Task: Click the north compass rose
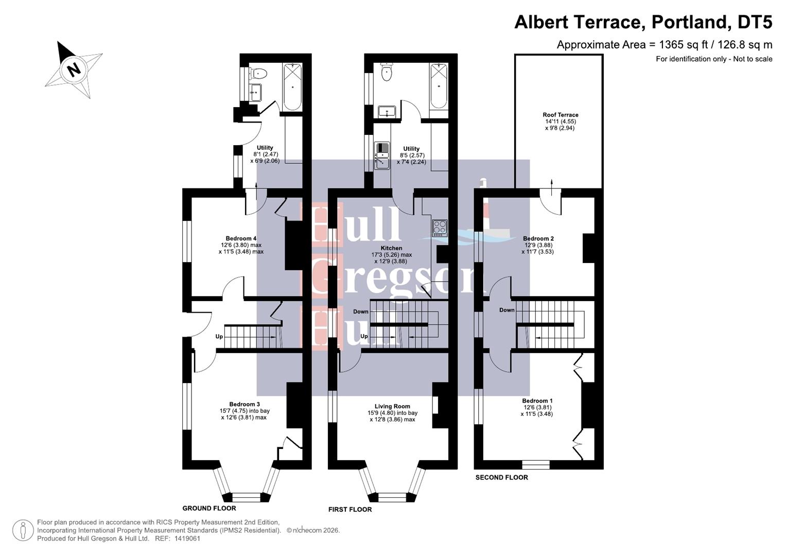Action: tap(73, 69)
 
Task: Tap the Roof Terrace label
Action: tap(560, 115)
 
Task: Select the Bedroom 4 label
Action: tap(241, 238)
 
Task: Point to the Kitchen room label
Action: tap(391, 248)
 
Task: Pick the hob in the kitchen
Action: tap(439, 228)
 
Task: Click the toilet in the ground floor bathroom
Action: tap(258, 74)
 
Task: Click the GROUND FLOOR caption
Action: tap(209, 508)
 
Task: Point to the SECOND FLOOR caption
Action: tap(501, 477)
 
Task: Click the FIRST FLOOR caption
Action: tap(350, 509)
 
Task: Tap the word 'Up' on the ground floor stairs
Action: tap(219, 337)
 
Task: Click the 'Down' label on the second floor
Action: tap(506, 310)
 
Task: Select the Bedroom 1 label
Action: tap(537, 401)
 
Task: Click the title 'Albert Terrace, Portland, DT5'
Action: tap(643, 23)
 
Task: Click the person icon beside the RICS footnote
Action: tap(23, 530)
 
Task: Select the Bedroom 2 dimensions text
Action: tap(538, 249)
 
